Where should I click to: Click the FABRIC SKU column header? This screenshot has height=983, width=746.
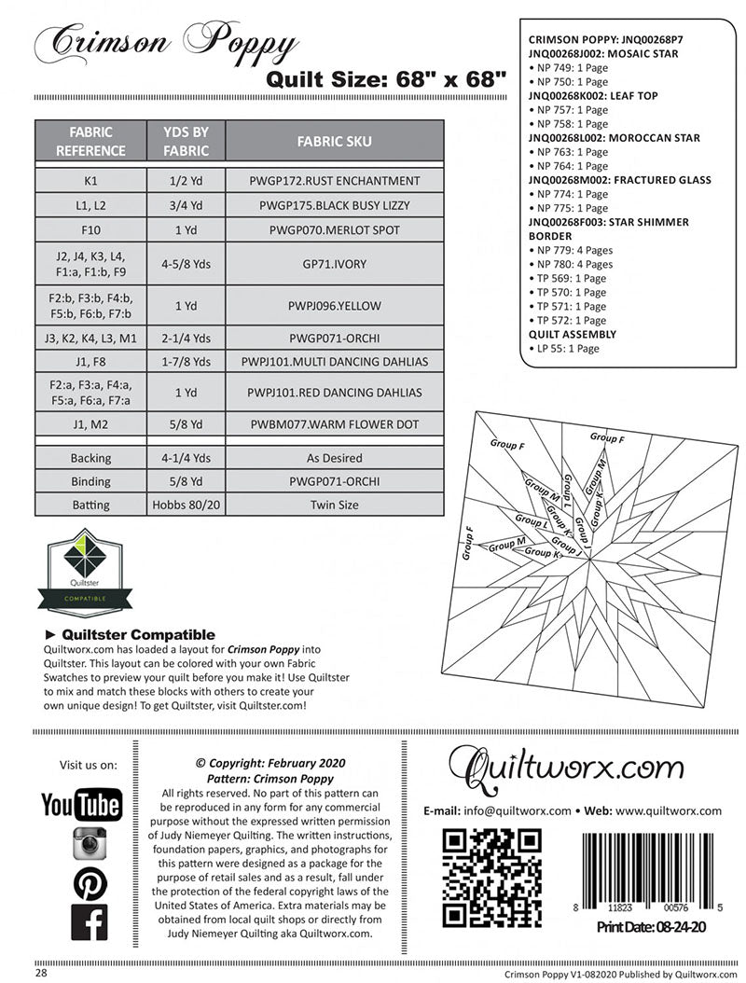(334, 142)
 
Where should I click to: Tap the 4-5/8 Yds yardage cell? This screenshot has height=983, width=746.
(185, 264)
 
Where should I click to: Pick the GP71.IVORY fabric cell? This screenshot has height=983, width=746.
(334, 264)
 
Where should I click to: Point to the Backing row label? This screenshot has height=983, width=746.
(90, 458)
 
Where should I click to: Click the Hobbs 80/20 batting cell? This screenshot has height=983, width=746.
(185, 505)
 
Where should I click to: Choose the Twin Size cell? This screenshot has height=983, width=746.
(334, 505)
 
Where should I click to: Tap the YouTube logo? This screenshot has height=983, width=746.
(81, 804)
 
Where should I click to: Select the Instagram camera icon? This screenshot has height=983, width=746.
(90, 843)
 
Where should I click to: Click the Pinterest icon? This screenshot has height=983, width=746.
(90, 882)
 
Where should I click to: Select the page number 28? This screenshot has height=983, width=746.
(42, 972)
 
